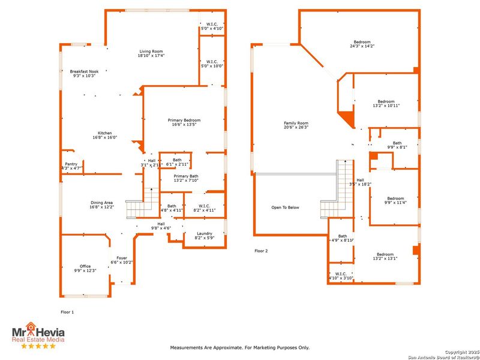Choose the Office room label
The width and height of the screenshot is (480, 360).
(x=85, y=266)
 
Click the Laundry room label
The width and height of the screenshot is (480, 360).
(x=203, y=233)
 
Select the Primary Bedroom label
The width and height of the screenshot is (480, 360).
(x=184, y=121)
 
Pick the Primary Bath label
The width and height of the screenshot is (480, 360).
(x=186, y=176)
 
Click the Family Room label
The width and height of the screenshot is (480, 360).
(x=295, y=124)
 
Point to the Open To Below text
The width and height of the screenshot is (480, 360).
(x=285, y=208)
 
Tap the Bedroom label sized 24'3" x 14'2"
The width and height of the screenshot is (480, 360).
(x=362, y=42)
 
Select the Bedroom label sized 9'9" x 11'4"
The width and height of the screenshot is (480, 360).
(x=395, y=199)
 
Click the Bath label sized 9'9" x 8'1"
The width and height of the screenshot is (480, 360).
(x=397, y=143)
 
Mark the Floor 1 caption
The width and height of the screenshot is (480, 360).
(x=68, y=312)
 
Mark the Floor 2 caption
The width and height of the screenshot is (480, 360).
(x=261, y=251)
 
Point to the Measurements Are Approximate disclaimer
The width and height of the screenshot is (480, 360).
(x=240, y=347)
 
